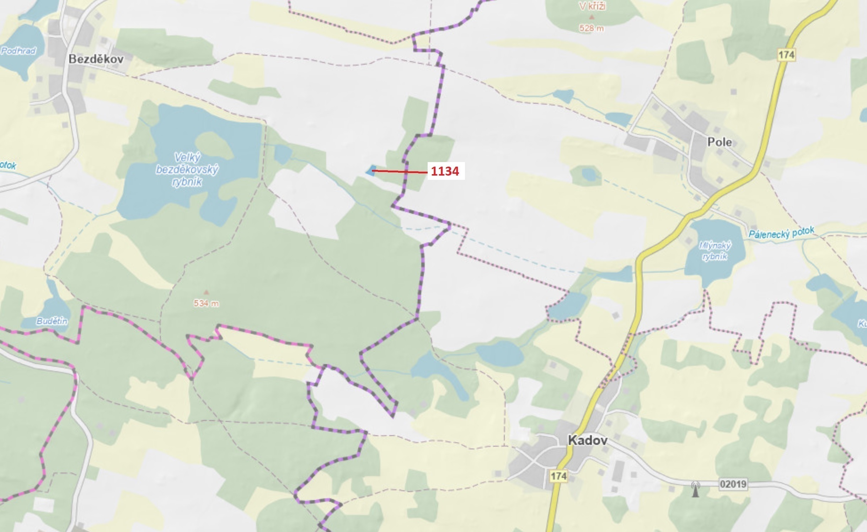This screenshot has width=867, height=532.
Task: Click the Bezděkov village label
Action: point(96,59)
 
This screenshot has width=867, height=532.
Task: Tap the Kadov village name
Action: point(588,440)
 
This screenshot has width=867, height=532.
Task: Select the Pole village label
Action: point(719,142)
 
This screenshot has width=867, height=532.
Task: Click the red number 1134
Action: point(445,171)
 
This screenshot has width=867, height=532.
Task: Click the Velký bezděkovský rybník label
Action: point(187,170)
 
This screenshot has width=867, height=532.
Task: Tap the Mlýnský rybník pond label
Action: point(715,251)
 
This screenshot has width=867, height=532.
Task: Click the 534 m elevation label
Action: point(206,303)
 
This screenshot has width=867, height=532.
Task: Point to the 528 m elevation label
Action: point(591,28)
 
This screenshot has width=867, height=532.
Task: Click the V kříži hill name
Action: point(592,6)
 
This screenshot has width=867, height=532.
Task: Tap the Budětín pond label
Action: point(52,321)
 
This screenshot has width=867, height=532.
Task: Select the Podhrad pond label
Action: point(18,51)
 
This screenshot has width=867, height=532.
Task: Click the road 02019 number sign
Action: point(733,484)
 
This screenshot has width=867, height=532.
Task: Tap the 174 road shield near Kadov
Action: point(558,476)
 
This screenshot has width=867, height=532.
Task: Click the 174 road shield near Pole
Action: point(786,55)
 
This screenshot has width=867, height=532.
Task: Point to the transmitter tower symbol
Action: point(695,489)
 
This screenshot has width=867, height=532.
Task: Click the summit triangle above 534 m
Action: point(206,292)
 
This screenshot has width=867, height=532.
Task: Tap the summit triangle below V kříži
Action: point(592,17)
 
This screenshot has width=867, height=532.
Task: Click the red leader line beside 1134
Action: point(400,172)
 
